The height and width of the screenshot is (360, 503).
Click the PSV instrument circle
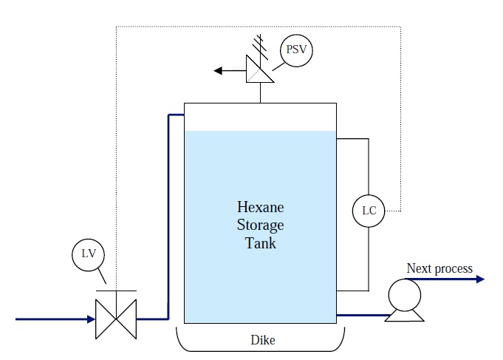297,52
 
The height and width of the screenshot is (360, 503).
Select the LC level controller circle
369,211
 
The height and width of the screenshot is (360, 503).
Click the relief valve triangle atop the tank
260,71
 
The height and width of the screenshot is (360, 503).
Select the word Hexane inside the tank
260,208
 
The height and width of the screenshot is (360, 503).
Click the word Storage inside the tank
260,225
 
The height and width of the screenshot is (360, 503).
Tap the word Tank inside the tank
260,242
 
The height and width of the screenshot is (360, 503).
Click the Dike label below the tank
260,340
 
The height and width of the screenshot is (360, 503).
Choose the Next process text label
439,268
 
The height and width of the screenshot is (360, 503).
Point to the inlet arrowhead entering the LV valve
90,319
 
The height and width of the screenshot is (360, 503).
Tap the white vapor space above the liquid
260,118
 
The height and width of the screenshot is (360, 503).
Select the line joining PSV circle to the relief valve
277,62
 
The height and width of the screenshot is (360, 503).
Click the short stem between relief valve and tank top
260,93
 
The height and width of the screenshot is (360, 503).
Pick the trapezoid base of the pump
405,316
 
